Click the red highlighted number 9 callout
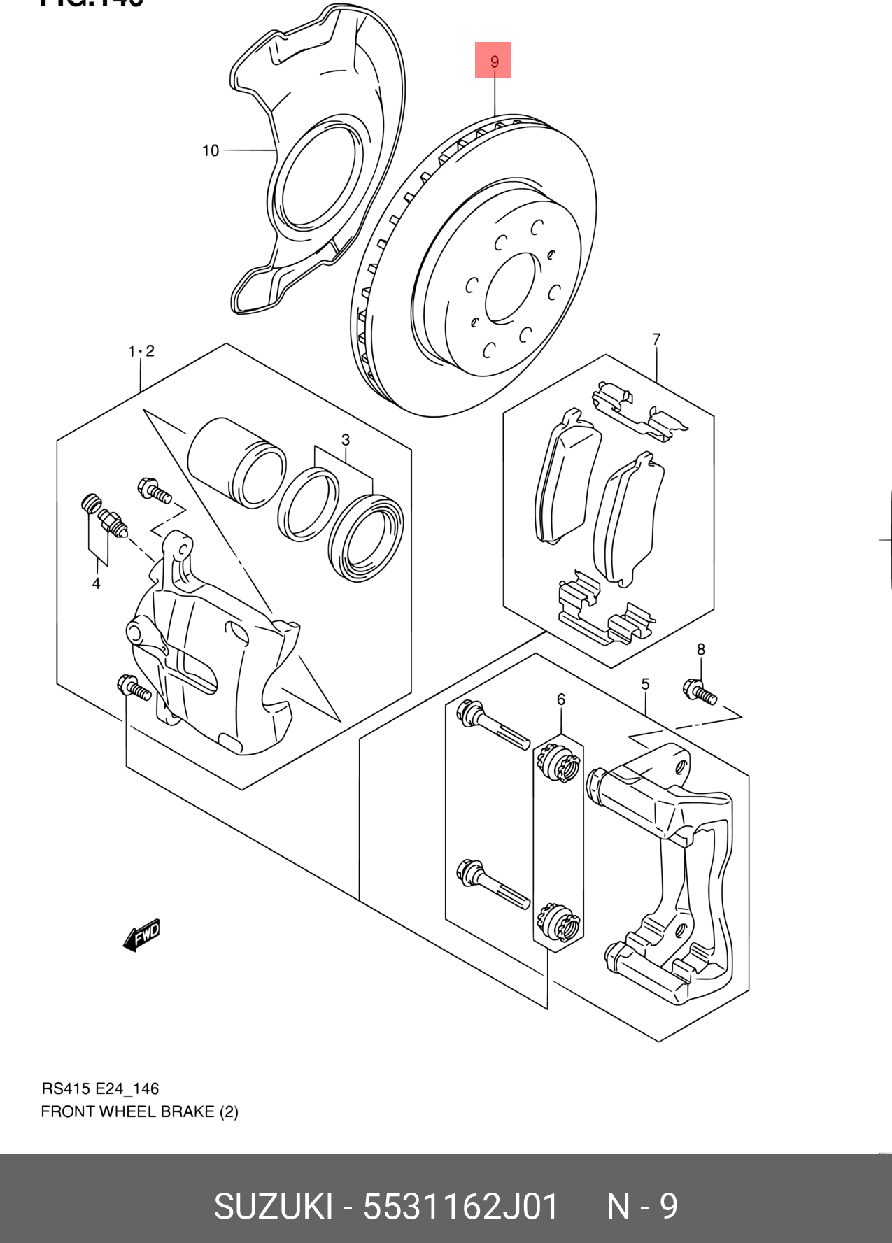click(x=493, y=60)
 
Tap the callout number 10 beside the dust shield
click(x=210, y=150)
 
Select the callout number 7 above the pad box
click(x=656, y=340)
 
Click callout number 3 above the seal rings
click(x=345, y=440)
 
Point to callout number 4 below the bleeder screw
click(x=96, y=583)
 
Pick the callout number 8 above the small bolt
click(x=700, y=649)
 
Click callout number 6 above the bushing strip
click(x=560, y=699)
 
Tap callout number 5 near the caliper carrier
click(x=645, y=684)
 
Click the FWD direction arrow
click(x=142, y=935)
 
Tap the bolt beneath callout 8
click(x=699, y=691)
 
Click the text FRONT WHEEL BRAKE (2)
click(x=139, y=1111)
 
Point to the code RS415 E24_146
click(x=100, y=1088)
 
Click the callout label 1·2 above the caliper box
click(x=141, y=351)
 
